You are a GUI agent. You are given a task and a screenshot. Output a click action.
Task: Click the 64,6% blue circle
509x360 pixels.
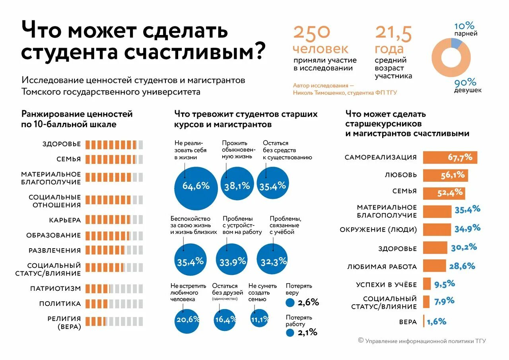click(x=196, y=185)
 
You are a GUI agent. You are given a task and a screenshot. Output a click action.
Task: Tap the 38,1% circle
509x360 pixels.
click(x=237, y=185)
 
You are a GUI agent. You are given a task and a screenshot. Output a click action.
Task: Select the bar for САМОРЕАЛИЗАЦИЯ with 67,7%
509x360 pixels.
click(x=450, y=158)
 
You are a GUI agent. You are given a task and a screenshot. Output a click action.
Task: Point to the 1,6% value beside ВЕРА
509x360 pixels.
click(x=437, y=321)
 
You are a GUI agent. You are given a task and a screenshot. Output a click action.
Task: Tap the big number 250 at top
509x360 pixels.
click(x=312, y=33)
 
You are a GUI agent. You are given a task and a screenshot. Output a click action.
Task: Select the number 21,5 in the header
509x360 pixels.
click(x=393, y=33)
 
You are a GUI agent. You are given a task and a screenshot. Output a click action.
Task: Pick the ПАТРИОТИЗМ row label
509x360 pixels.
click(x=56, y=288)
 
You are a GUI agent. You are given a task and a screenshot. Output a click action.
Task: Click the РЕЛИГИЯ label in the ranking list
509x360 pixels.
click(x=64, y=319)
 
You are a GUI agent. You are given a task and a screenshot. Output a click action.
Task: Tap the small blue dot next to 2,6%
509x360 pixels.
click(x=290, y=303)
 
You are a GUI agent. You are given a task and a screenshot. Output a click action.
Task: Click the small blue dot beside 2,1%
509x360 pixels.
click(x=290, y=333)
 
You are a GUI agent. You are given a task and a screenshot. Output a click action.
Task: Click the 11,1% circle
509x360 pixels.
click(x=260, y=319)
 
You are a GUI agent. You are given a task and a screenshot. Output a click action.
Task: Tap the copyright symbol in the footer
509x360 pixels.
click(x=361, y=340)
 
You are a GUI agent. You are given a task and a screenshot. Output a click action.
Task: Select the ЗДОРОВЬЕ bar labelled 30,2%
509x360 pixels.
click(x=435, y=247)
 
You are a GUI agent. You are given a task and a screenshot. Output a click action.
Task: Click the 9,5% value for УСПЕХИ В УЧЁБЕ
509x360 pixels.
click(x=445, y=284)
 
